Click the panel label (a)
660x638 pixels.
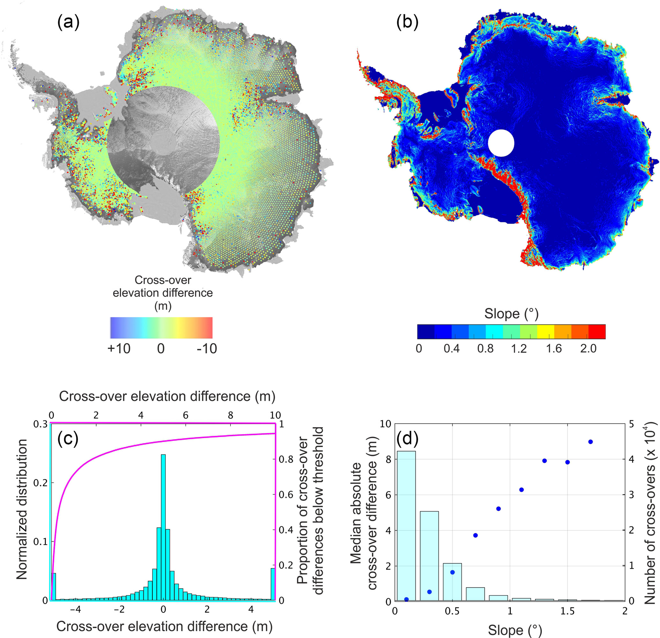coord(68,23)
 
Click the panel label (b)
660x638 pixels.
coord(407,23)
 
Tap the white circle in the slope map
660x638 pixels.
coord(501,143)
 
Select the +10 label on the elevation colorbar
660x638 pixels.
coord(119,349)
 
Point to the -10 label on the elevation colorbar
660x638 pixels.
coord(207,349)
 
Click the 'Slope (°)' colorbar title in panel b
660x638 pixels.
coord(511,314)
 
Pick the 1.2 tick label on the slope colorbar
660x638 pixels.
coord(519,349)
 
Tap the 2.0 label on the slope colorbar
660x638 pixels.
coord(588,349)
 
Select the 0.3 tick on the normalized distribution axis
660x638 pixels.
coord(41,424)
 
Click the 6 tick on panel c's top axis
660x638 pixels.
coord(186,415)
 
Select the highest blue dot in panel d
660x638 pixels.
coord(590,442)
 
